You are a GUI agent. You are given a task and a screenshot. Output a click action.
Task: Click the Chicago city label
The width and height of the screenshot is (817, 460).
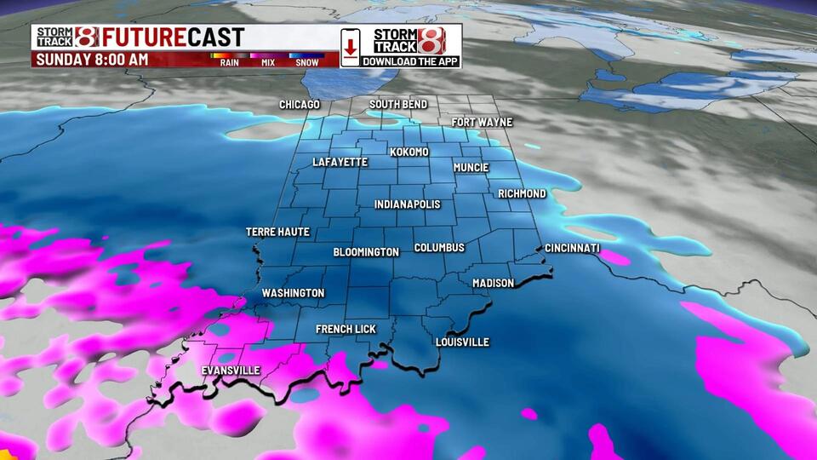[300, 105]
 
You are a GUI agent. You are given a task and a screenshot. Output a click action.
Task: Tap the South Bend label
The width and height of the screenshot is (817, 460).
[398, 105]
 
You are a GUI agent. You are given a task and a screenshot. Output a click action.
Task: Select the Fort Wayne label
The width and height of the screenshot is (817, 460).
[482, 123]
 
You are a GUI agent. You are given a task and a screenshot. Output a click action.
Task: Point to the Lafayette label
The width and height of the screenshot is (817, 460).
[340, 162]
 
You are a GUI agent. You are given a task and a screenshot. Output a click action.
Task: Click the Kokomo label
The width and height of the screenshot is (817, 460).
[409, 152]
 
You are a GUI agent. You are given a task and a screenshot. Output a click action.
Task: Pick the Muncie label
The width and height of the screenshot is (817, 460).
[471, 168]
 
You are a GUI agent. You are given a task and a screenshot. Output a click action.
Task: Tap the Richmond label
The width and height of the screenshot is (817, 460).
[522, 194]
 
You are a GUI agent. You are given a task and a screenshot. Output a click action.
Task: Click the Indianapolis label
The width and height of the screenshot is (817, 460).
[408, 205]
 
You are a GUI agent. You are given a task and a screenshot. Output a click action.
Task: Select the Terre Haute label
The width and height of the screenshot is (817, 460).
[277, 232]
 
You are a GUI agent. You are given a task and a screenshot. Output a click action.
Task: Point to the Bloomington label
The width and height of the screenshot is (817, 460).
[366, 253]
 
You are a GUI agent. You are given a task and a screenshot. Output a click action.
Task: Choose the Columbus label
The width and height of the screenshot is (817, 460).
[439, 248]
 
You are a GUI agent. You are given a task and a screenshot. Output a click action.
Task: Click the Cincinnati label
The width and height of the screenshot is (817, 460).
[573, 249]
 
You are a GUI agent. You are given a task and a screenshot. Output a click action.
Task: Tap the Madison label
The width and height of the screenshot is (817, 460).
[493, 283]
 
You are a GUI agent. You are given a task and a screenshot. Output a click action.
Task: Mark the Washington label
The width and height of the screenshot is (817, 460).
[293, 293]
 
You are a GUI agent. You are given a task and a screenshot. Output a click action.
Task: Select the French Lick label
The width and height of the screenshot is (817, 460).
[346, 329]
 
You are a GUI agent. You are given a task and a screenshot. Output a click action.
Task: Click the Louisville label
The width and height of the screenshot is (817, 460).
[462, 342]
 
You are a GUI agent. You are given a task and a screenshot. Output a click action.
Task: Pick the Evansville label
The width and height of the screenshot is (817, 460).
[231, 371]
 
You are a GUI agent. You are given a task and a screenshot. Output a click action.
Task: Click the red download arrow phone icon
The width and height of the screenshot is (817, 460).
[350, 46]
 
